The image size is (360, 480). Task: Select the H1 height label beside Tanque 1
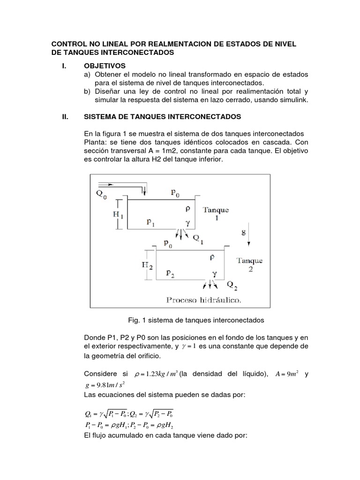click(x=119, y=216)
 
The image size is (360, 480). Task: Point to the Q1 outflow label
click(x=199, y=238)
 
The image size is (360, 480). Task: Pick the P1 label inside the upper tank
click(x=151, y=223)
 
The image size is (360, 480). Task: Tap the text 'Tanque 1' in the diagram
click(x=216, y=214)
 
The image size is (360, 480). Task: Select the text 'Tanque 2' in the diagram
click(x=249, y=264)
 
